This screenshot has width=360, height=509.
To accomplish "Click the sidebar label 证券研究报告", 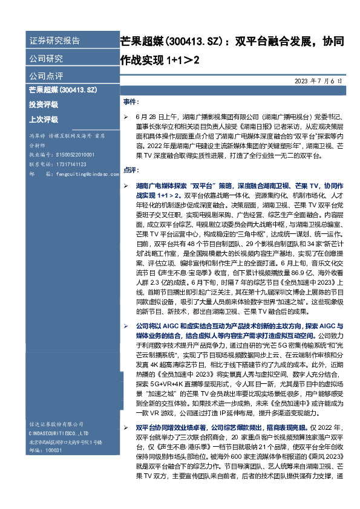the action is point(54,41).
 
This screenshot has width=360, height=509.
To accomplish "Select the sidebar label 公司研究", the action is point(46,59).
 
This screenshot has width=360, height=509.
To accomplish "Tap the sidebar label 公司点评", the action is point(46,76).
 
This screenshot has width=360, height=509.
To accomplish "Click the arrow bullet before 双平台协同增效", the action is point(125,427).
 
